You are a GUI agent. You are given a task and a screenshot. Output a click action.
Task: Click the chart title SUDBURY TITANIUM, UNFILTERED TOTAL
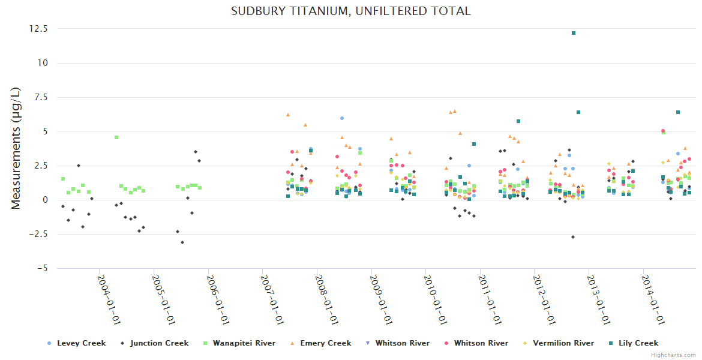click(x=351, y=11)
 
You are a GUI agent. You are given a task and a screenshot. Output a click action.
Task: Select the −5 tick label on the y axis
click(x=42, y=268)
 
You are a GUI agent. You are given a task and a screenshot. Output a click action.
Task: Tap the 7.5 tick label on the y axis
click(x=41, y=97)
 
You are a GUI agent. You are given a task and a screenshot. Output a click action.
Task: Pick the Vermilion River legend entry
click(x=562, y=343)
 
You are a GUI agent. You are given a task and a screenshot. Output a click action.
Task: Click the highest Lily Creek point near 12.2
click(x=574, y=33)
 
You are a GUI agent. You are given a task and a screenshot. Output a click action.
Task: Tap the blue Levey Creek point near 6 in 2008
click(x=342, y=118)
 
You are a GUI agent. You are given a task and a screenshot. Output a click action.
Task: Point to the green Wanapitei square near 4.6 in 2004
click(x=116, y=137)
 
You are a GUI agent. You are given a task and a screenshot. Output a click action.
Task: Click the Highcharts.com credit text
click(x=673, y=355)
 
